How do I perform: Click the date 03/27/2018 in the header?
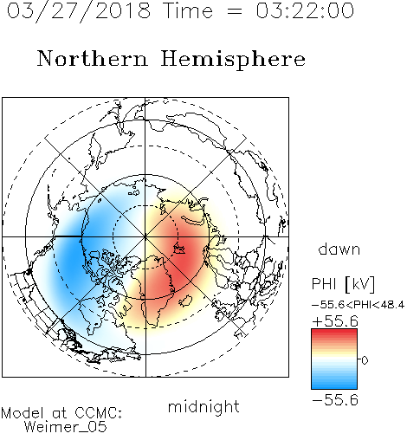pos(79,11)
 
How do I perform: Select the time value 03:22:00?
pos(305,10)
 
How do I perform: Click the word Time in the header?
pos(188,10)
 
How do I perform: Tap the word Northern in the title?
pos(93,58)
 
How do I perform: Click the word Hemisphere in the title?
pos(233,59)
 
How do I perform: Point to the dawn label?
pos(339,249)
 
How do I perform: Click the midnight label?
pos(203,407)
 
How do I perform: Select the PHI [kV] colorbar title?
pos(343,284)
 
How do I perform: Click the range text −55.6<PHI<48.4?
pos(358,305)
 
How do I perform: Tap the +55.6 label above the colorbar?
pos(335,321)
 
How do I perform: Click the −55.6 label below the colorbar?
pos(335,400)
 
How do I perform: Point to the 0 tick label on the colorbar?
pos(365,360)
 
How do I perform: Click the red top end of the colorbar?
pos(334,332)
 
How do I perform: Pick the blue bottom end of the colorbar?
pos(334,386)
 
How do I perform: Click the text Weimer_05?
pos(66,427)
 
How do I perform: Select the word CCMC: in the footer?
pos(99,413)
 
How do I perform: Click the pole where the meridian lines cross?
pos(145,236)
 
